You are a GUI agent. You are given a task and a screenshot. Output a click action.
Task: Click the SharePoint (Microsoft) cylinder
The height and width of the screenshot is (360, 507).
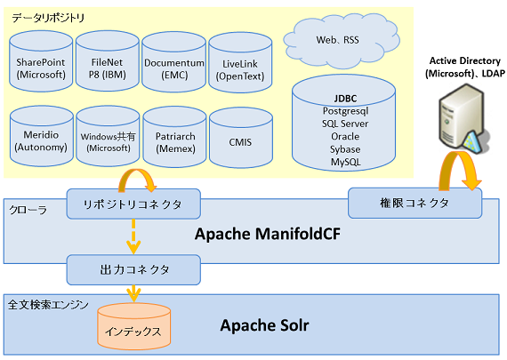41,61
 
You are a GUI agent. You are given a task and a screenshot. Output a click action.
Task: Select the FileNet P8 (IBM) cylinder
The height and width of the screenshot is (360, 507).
108,61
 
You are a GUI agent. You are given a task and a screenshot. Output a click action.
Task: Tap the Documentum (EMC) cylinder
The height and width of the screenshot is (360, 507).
174,62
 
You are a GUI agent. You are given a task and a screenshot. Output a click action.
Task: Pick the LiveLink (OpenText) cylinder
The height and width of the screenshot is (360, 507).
240,63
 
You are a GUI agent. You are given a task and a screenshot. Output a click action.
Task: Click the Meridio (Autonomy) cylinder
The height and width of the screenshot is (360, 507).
42,136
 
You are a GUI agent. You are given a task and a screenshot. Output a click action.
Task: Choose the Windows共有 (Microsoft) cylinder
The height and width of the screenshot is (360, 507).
108,136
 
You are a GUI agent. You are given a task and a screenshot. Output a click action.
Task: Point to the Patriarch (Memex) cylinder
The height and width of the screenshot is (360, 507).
174,138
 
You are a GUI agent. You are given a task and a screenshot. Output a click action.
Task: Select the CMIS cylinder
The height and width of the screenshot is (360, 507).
241,138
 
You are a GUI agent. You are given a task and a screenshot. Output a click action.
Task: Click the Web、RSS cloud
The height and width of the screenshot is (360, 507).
342,40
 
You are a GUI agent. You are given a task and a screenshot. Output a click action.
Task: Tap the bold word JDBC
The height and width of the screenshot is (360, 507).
345,99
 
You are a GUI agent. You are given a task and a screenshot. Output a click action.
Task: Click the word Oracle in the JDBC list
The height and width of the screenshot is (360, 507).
345,136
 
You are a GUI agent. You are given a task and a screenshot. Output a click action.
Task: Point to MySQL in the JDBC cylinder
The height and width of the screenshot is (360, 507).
345,162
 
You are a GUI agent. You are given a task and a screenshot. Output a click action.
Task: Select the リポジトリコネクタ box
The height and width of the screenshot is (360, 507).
133,204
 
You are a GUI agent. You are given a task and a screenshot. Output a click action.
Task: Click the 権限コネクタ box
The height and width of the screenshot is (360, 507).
414,203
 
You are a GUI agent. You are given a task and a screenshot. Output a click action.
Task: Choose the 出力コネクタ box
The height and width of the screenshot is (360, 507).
133,269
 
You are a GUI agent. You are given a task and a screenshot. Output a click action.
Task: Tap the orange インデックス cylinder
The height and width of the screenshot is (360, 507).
133,326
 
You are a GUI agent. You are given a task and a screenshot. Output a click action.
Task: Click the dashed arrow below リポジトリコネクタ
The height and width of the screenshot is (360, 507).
133,236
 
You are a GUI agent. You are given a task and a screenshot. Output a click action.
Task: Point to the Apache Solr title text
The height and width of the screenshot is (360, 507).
264,325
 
